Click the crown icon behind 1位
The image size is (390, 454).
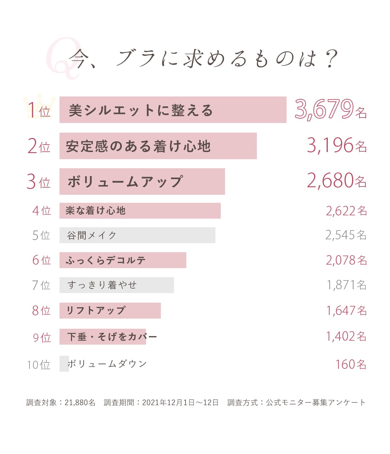tap(39, 105)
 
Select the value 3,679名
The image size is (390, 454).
tap(330, 109)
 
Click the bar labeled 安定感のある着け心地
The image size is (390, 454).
tap(158, 146)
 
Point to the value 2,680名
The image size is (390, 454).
tap(336, 181)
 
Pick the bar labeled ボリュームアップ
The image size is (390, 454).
tap(142, 182)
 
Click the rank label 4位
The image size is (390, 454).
tap(41, 211)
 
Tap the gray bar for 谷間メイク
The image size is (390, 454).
tap(137, 235)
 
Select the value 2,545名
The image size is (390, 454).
tap(346, 235)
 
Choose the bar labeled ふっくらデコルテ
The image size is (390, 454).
tap(123, 260)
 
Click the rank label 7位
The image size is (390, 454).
tap(41, 285)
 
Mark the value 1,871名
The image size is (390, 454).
tap(346, 285)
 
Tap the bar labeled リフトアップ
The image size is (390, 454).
tap(110, 310)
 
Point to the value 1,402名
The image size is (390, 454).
tap(346, 337)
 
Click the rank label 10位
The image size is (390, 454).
tap(39, 365)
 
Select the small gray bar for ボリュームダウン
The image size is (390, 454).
tap(64, 364)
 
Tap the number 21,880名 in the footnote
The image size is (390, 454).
tap(80, 403)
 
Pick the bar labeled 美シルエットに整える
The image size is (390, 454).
tap(173, 110)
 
